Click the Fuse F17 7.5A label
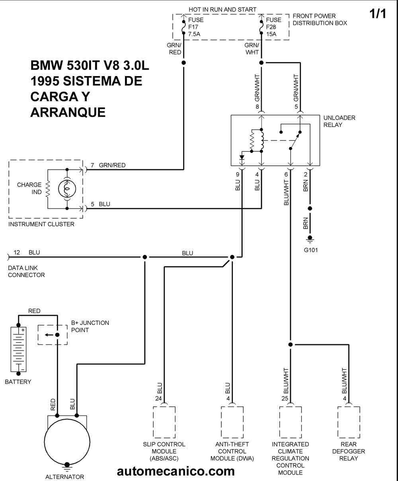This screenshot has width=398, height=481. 196,27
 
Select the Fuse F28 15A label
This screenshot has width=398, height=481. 274,27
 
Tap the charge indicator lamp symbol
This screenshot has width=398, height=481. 67,189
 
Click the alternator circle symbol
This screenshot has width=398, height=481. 67,442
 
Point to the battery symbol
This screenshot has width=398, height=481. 18,349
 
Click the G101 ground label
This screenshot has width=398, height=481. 311,250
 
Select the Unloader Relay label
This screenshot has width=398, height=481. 339,121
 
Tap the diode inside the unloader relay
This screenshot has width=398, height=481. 242,158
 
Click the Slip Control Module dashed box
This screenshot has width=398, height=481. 164,422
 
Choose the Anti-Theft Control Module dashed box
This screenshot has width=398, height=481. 232,422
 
